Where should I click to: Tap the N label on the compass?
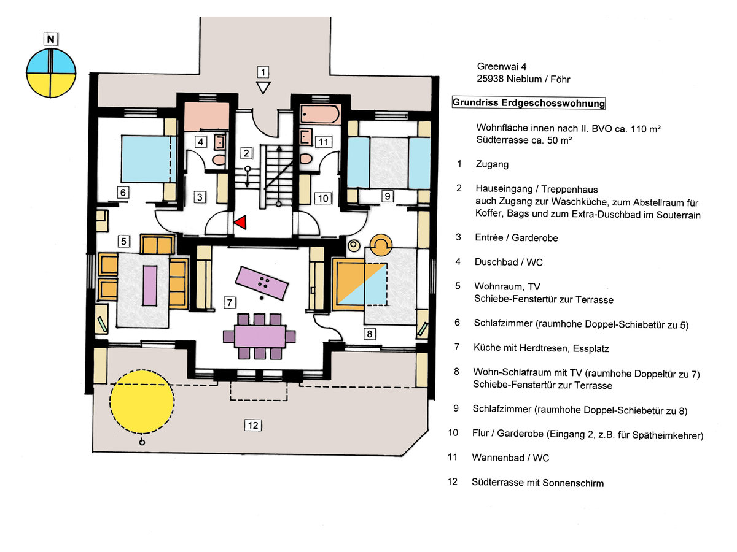(x=52, y=40)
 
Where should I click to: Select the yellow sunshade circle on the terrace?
(x=142, y=402)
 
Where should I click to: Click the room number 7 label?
(x=230, y=302)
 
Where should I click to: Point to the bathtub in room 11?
(x=319, y=115)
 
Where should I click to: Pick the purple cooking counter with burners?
(x=262, y=283)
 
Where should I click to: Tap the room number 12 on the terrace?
(x=253, y=425)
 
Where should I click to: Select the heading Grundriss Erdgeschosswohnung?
(x=528, y=103)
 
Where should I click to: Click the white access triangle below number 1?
(x=263, y=88)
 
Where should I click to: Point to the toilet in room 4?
(x=217, y=159)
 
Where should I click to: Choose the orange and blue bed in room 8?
(x=361, y=283)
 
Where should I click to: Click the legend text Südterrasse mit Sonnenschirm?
(x=537, y=483)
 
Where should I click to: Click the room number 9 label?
(x=386, y=196)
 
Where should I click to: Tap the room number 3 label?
(x=200, y=197)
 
